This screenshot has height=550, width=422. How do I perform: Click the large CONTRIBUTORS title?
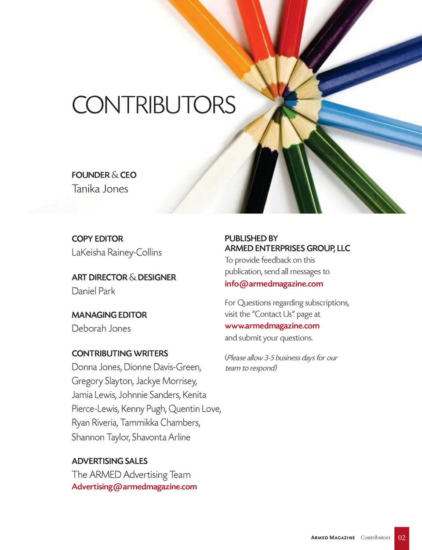click(x=153, y=105)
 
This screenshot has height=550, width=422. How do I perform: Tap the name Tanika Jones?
click(x=100, y=189)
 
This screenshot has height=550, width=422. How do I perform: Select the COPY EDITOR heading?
click(x=97, y=239)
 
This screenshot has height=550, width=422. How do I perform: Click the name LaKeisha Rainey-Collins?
click(x=116, y=252)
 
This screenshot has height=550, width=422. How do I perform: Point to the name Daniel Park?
click(x=93, y=291)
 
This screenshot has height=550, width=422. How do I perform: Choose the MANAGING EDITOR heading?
click(x=109, y=315)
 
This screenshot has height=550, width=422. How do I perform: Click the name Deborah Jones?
click(x=101, y=328)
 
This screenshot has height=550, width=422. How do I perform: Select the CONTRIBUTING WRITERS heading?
click(x=120, y=353)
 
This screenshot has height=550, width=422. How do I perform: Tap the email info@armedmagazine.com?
click(x=273, y=284)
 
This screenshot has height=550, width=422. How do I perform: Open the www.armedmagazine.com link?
click(x=272, y=326)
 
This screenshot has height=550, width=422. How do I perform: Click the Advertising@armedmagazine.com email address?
click(x=134, y=487)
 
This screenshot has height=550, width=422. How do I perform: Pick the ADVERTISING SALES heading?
click(x=109, y=461)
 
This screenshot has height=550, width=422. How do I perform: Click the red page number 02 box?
click(x=401, y=538)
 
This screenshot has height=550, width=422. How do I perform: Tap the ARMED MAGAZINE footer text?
click(x=333, y=538)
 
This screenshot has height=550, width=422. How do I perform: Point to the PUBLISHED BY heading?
click(x=251, y=238)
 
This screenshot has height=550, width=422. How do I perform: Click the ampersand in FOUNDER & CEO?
click(x=115, y=175)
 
